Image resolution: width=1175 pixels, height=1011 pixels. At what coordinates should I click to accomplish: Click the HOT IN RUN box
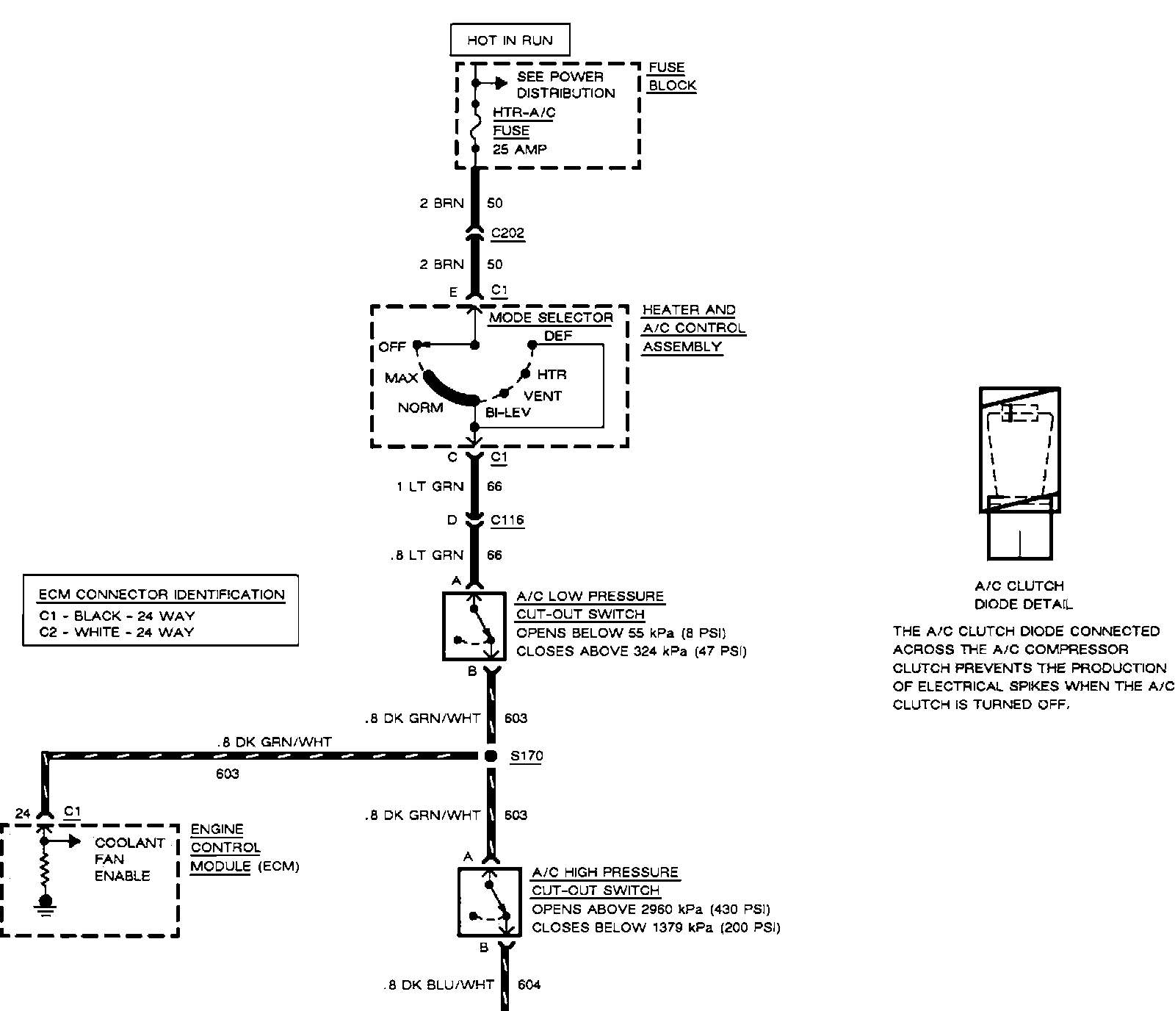coord(510,40)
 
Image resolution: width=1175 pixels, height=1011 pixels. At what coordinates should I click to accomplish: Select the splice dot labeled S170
coord(491,756)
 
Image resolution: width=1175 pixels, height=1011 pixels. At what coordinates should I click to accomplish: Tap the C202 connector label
coord(507,234)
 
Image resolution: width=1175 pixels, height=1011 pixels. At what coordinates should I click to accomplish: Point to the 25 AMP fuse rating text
coord(520,149)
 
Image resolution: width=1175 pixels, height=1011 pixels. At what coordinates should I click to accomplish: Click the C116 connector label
coord(507,520)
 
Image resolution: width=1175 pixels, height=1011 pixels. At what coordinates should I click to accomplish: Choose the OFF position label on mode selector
coord(392,347)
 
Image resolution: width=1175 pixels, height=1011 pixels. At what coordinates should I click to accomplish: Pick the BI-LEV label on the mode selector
coord(507,412)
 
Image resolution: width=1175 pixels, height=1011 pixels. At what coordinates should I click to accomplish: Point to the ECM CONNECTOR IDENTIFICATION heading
coord(161,594)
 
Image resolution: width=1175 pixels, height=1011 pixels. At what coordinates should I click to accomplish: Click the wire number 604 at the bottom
coord(529,985)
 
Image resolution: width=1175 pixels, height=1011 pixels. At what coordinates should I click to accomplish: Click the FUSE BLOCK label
coord(671,76)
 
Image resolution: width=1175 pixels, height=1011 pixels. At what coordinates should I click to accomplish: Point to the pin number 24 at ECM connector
coord(23,813)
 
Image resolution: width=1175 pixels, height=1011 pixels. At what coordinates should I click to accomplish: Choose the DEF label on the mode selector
coord(558,336)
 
